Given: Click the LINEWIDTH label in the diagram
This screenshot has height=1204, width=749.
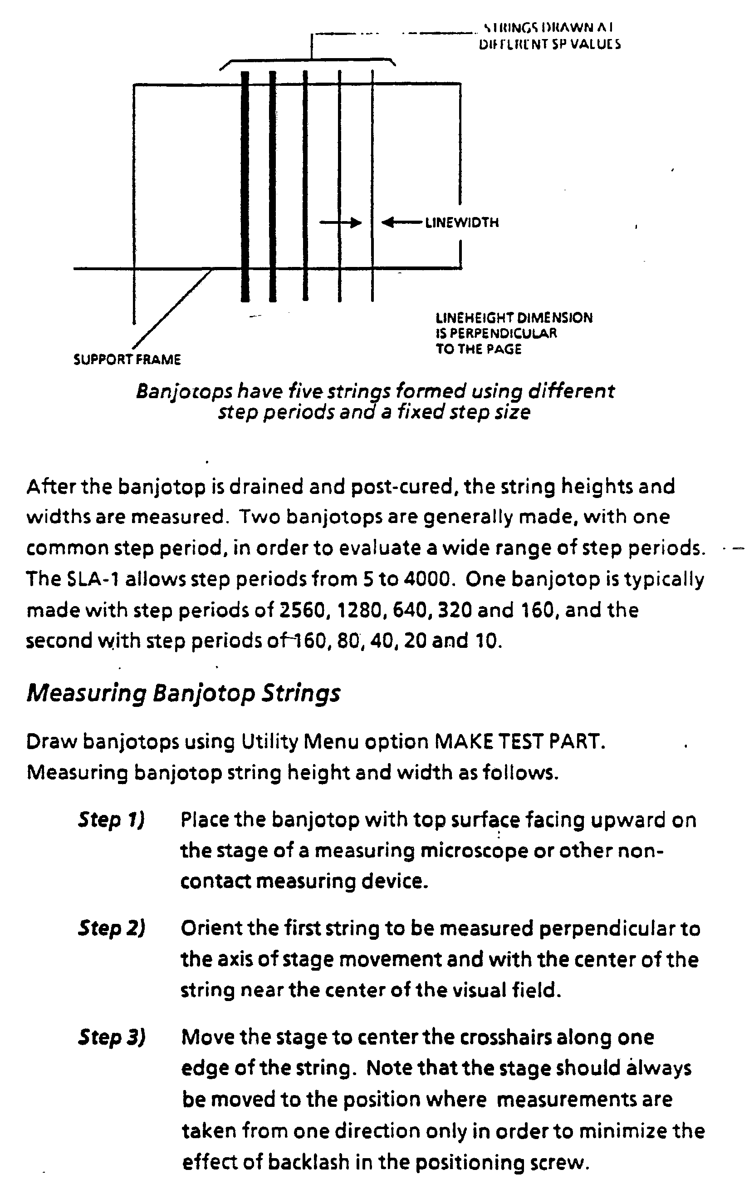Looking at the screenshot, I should tap(462, 222).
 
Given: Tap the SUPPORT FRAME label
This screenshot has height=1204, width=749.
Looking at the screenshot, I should tap(127, 360).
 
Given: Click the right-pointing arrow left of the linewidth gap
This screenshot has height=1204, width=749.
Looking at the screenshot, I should tap(340, 222).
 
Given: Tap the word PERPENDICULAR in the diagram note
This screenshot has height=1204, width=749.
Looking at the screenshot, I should tap(503, 333).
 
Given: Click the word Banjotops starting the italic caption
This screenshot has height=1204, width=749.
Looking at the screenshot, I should tap(184, 392).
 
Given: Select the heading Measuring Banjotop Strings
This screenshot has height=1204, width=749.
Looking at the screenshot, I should tap(183, 693).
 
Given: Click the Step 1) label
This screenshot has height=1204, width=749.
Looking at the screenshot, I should tap(111, 819).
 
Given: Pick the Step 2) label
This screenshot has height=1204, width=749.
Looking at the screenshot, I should tap(111, 928).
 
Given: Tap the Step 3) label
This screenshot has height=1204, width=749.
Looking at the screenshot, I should tap(111, 1037).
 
